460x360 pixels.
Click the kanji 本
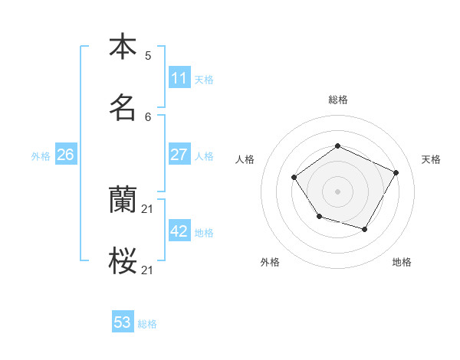pyautogui.click(x=123, y=47)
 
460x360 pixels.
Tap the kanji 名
pyautogui.click(x=123, y=107)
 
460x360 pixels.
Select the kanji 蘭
pyautogui.click(x=123, y=200)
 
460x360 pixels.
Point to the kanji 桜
pyautogui.click(x=123, y=261)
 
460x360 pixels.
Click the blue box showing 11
pyautogui.click(x=179, y=78)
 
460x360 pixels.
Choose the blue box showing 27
pyautogui.click(x=179, y=155)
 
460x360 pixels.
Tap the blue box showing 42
pyautogui.click(x=179, y=231)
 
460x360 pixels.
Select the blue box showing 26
pyautogui.click(x=66, y=155)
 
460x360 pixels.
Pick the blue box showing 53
pyautogui.click(x=123, y=322)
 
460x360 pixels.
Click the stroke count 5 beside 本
pyautogui.click(x=148, y=55)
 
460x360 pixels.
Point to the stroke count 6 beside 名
pyautogui.click(x=148, y=116)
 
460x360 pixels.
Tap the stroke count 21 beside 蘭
pyautogui.click(x=148, y=208)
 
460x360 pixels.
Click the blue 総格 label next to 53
pyautogui.click(x=147, y=324)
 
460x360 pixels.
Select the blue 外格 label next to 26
pyautogui.click(x=41, y=156)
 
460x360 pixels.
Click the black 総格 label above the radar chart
pyautogui.click(x=338, y=100)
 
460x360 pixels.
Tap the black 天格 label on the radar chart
pyautogui.click(x=432, y=159)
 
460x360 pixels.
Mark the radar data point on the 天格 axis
pyautogui.click(x=396, y=172)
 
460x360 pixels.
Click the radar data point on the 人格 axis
pyautogui.click(x=294, y=178)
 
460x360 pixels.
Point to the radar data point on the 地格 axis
pyautogui.click(x=365, y=229)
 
